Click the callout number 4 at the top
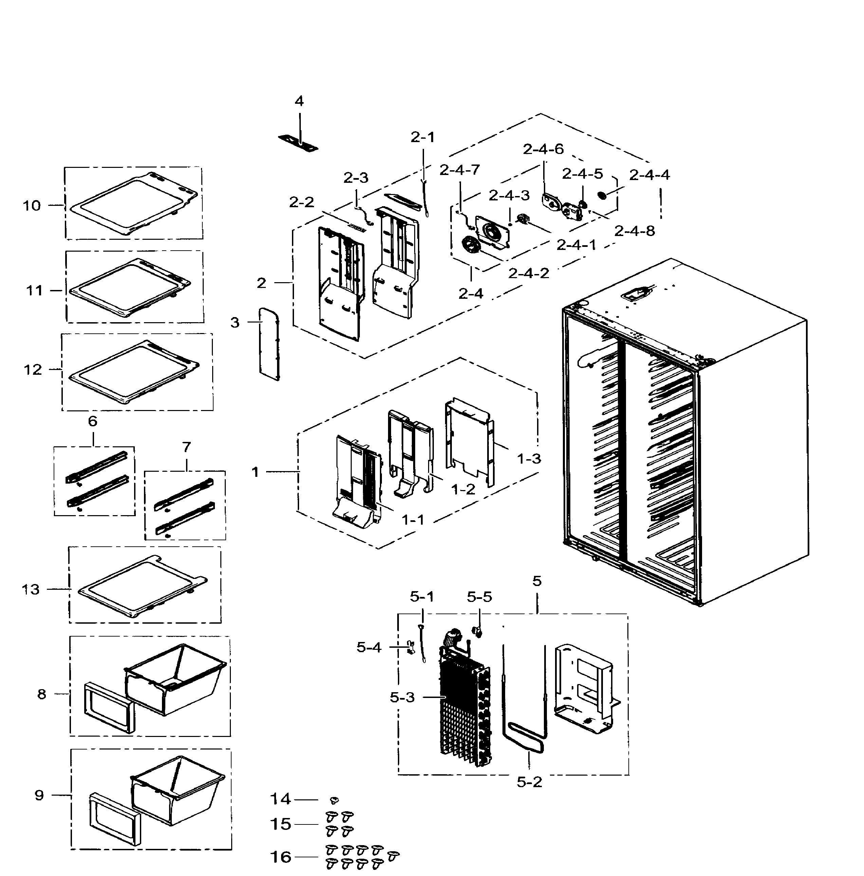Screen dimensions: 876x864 [299, 101]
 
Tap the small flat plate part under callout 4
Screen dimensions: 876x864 [298, 143]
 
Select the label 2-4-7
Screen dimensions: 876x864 [459, 170]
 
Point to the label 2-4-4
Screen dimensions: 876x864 [649, 175]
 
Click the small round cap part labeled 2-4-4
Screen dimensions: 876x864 [602, 195]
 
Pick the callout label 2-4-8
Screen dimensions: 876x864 [635, 231]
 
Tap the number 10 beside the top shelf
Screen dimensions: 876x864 [32, 206]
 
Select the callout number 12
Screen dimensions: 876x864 [33, 370]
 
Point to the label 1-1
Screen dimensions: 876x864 [413, 520]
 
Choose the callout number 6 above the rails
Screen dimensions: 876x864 [93, 422]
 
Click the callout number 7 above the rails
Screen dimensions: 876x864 [186, 448]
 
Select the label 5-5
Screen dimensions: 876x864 [479, 597]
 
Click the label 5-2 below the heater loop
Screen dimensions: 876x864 [529, 782]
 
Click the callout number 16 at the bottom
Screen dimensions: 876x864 [280, 857]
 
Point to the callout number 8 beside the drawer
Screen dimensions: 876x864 [42, 694]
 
